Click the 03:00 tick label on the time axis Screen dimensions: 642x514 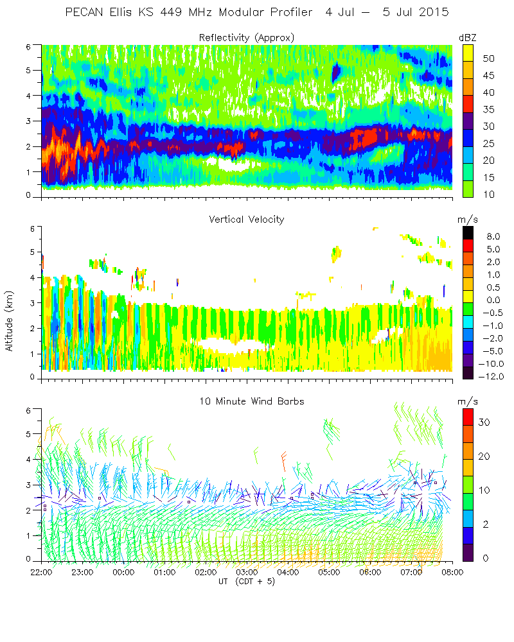tap(247, 572)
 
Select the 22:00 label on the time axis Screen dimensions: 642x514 tap(42, 572)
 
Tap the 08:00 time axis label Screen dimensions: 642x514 tap(453, 572)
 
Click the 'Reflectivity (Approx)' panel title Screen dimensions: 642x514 tap(247, 38)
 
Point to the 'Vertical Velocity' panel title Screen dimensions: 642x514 tap(247, 220)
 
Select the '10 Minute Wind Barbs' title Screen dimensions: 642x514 tap(247, 401)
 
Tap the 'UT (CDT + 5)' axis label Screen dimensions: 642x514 tap(247, 581)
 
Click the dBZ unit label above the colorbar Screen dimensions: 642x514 tap(467, 38)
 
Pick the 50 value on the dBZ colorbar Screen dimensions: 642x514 tap(488, 58)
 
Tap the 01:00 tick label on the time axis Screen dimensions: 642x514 tap(165, 572)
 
